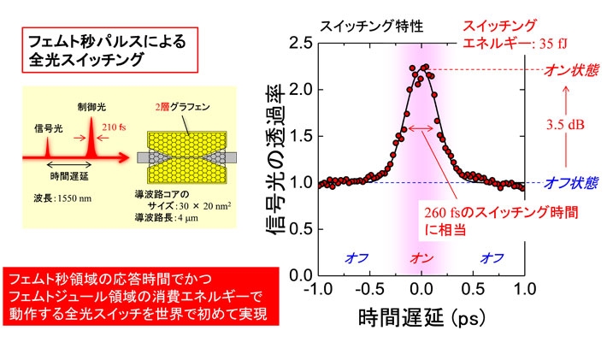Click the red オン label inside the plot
click(421, 257)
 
